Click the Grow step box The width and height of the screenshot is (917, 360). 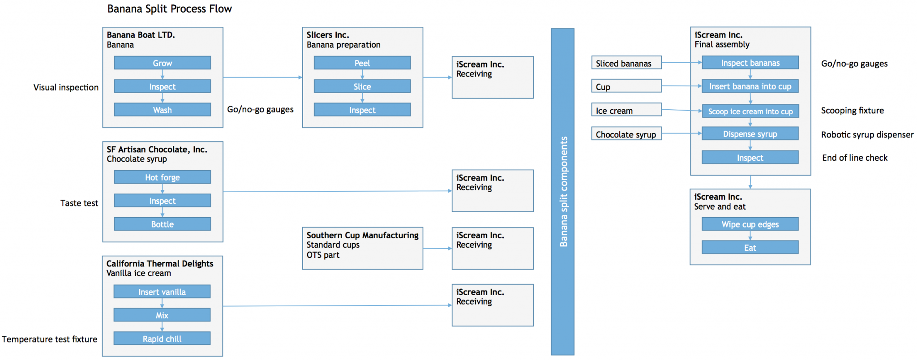(162, 63)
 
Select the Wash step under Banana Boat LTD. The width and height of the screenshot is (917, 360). (162, 110)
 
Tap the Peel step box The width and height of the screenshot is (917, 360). (362, 63)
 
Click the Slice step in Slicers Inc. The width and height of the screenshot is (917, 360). (362, 86)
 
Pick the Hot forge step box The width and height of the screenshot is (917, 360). (162, 177)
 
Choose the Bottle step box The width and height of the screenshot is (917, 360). (162, 224)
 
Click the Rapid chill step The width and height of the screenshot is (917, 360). (162, 339)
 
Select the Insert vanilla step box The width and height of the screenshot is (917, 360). (162, 292)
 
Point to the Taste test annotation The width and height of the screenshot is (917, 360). (79, 203)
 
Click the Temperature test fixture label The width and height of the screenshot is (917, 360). (49, 339)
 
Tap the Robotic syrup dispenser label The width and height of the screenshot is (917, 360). (867, 135)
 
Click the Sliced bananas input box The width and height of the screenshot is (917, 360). (626, 64)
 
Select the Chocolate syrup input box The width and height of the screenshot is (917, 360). (626, 134)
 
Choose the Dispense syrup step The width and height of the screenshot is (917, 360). (750, 134)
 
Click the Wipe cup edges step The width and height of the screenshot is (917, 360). (750, 224)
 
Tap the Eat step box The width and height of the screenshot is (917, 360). (750, 248)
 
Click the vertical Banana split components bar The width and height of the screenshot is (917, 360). (562, 192)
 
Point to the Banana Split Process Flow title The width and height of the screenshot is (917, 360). (169, 9)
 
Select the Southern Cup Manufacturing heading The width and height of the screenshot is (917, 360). (362, 235)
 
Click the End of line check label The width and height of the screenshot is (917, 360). (854, 158)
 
